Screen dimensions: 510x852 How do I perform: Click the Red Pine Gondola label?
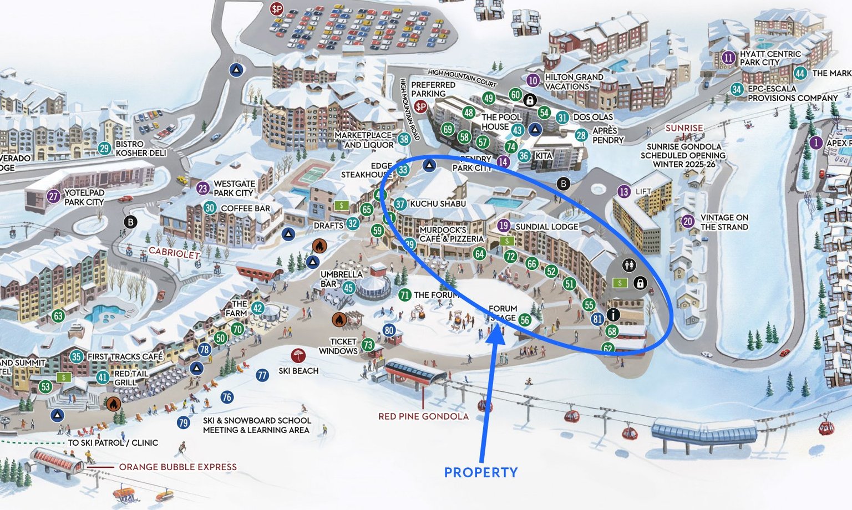click(x=423, y=416)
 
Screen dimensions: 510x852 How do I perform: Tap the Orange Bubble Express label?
click(x=177, y=467)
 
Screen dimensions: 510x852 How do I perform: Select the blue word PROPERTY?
click(x=481, y=472)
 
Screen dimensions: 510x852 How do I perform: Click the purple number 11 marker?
click(x=728, y=58)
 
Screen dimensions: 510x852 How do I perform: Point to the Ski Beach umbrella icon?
click(x=298, y=355)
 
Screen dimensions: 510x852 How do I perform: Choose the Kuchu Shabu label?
click(x=438, y=204)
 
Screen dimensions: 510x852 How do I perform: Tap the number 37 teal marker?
click(x=400, y=204)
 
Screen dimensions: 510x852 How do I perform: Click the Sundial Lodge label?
click(x=546, y=227)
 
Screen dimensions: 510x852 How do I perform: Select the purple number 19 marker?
click(x=504, y=226)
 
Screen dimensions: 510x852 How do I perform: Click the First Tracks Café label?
click(x=125, y=356)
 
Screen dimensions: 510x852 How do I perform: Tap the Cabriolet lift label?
click(x=174, y=253)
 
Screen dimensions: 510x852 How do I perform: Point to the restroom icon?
click(x=628, y=265)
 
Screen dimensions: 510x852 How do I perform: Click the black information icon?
click(x=613, y=314)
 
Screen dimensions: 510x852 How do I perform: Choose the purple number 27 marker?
click(x=53, y=196)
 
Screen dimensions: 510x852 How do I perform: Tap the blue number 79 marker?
click(x=184, y=422)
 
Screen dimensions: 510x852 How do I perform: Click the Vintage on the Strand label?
click(x=724, y=222)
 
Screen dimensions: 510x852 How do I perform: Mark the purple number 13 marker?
click(x=624, y=192)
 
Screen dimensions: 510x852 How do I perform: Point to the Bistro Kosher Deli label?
click(x=140, y=148)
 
